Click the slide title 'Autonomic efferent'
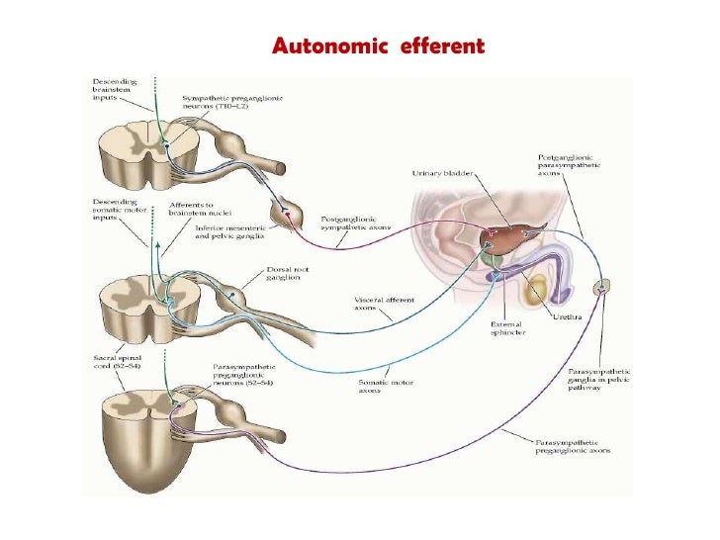coord(379,46)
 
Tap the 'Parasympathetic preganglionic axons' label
coord(573,445)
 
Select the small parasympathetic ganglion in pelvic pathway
coord(599,288)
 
